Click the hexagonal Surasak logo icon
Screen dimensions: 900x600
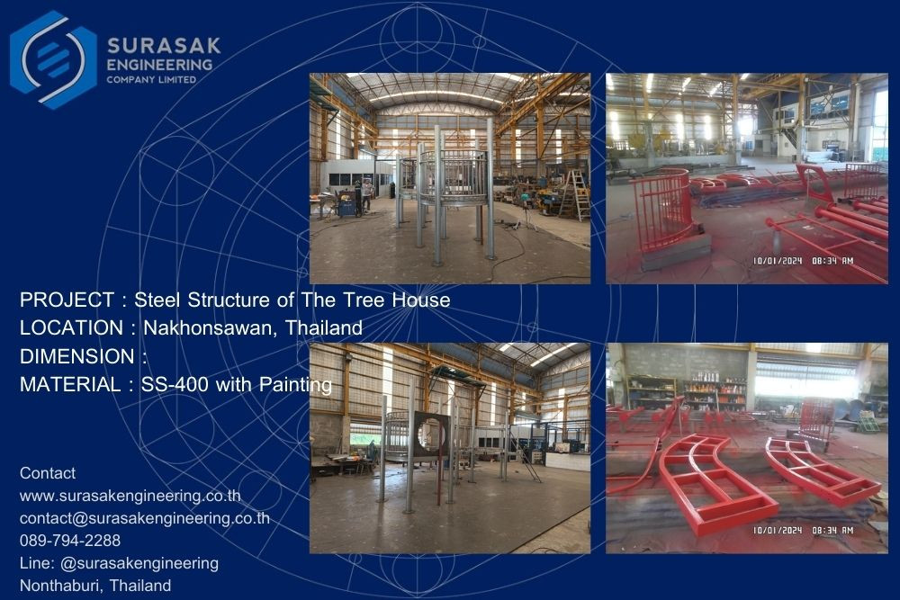click(x=53, y=59)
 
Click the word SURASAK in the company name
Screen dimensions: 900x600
click(x=164, y=45)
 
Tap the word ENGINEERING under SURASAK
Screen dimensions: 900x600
click(x=159, y=65)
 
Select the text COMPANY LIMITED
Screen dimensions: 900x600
click(x=151, y=80)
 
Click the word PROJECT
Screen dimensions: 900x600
click(x=67, y=300)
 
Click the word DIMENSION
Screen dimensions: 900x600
click(x=76, y=356)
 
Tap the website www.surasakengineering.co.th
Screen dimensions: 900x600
click(x=130, y=496)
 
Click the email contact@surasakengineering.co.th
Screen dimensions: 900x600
click(x=145, y=518)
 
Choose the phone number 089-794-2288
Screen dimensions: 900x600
click(x=70, y=541)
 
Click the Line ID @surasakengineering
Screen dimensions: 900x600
click(x=139, y=563)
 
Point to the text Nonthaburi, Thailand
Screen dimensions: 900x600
click(x=95, y=586)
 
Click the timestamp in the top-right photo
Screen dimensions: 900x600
click(x=803, y=261)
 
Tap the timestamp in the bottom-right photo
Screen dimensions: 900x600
click(x=803, y=530)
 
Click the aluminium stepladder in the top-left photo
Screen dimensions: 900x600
click(x=575, y=194)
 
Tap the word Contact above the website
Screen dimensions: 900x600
click(x=48, y=473)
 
